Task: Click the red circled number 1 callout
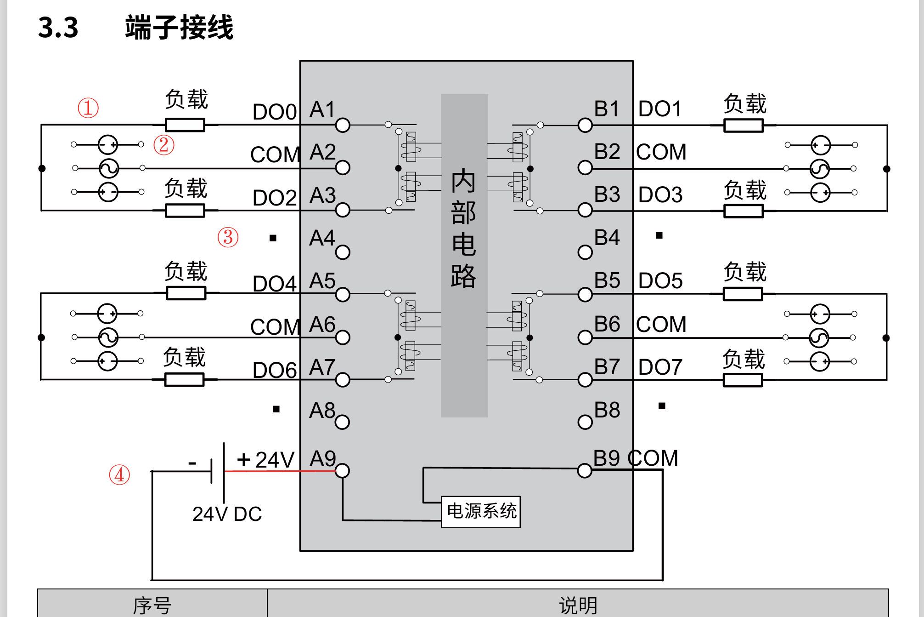pos(88,108)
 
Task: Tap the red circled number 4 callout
pos(119,474)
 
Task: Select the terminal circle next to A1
pos(343,125)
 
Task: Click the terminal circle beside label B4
pos(585,252)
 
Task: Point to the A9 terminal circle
pos(342,471)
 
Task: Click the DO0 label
pos(275,112)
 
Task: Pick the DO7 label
pos(660,367)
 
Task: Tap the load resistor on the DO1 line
pos(743,125)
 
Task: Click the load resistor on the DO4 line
pos(186,293)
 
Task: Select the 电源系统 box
pos(481,512)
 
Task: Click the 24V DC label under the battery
pos(227,514)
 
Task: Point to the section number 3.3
pos(58,28)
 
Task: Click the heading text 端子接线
pos(179,28)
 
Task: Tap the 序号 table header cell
pos(152,605)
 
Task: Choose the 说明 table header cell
pos(578,605)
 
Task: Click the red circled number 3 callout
pos(228,237)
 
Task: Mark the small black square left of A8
pos(276,409)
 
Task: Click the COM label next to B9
pos(653,458)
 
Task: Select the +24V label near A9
pos(265,460)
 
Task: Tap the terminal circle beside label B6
pos(585,337)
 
